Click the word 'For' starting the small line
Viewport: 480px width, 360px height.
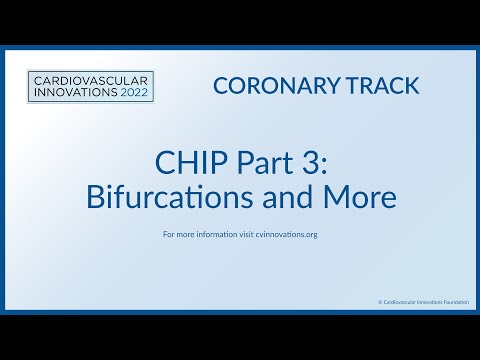pyautogui.click(x=168, y=236)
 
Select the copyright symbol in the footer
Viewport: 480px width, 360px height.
pyautogui.click(x=380, y=300)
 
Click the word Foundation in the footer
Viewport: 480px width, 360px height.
pyautogui.click(x=456, y=300)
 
